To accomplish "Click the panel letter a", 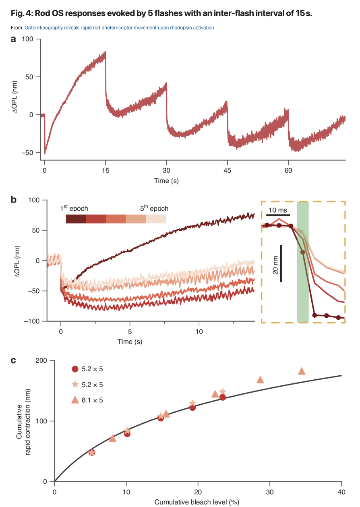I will [x=14, y=39].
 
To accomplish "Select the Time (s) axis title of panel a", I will [x=166, y=181].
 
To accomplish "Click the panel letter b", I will [x=14, y=199].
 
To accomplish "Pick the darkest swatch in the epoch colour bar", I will [x=76, y=219].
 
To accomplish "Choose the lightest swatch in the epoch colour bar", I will [x=156, y=219].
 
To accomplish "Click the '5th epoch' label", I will [x=154, y=209].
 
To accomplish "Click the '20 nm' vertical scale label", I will [x=276, y=264].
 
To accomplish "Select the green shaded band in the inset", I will [x=302, y=262].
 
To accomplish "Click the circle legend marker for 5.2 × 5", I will [x=75, y=369].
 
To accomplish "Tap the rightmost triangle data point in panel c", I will [x=302, y=371].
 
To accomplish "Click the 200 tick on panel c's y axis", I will [x=41, y=361].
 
